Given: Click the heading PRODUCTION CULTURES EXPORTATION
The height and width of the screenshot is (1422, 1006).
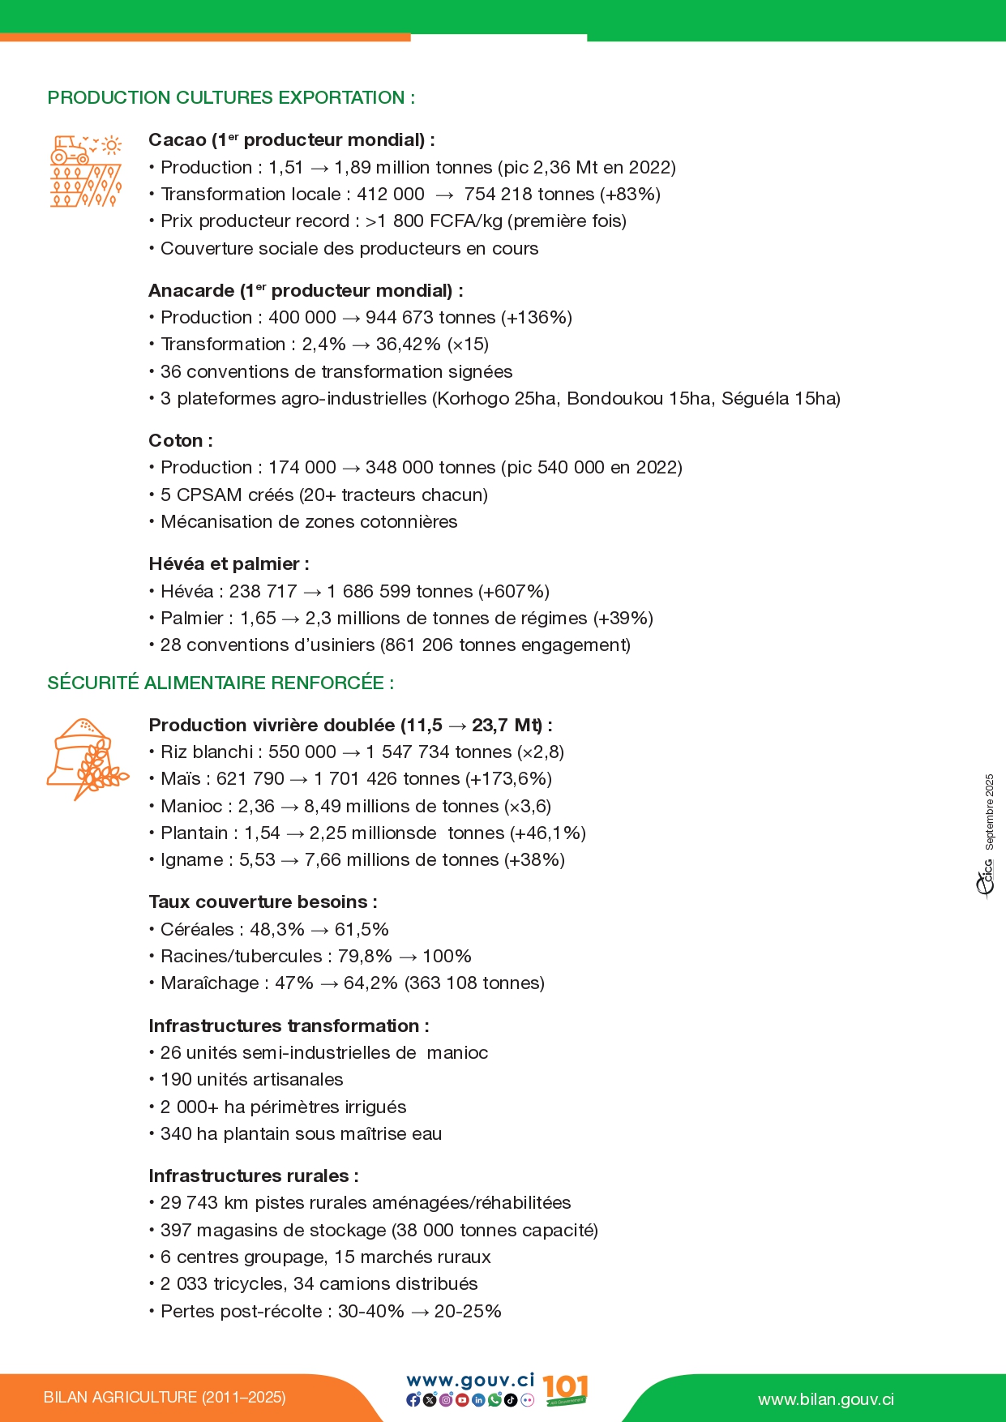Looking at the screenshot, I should pos(231,98).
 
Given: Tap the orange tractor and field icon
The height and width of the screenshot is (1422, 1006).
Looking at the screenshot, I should pos(86,171).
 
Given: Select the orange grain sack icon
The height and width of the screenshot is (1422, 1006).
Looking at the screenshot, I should pos(86,758).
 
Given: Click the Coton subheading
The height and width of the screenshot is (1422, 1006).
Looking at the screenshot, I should pos(180,441).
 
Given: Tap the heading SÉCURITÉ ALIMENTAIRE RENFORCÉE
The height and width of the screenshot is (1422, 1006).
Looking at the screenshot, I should pos(220,683).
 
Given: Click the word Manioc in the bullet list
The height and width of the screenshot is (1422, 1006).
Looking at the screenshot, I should pos(191,807).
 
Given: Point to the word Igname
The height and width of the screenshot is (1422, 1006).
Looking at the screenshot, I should pos(191,860).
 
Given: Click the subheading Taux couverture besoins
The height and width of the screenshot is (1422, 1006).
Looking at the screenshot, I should pos(263,902).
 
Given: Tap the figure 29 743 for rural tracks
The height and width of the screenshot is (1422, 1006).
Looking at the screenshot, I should pos(189,1203).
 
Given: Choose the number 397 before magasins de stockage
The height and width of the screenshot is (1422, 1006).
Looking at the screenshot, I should pos(176,1231).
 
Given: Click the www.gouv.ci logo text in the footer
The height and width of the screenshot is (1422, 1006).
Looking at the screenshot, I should pos(470,1381).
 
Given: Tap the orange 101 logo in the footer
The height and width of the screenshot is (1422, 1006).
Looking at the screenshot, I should pos(565,1389).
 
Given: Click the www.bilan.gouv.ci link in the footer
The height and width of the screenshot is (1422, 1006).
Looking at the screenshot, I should pos(825,1400).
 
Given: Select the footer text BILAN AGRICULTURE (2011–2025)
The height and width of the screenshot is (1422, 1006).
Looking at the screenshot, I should pos(165,1398).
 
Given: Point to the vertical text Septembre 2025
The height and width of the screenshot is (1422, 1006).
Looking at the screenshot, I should pos(989,812).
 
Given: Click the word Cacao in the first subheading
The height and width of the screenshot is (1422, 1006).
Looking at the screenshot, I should pos(177,140).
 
